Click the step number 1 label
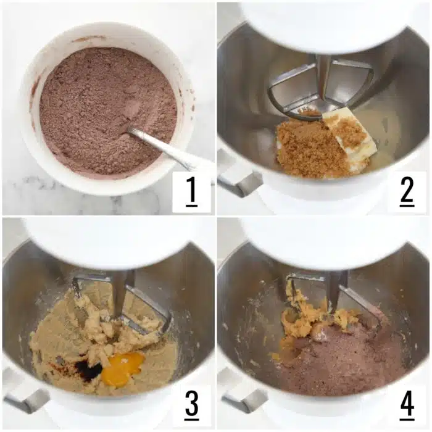(x=191, y=193)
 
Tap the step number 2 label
(x=407, y=193)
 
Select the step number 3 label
(x=191, y=405)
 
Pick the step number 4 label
(x=407, y=405)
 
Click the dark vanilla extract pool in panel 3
(x=88, y=370)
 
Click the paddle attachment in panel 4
(x=336, y=290)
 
